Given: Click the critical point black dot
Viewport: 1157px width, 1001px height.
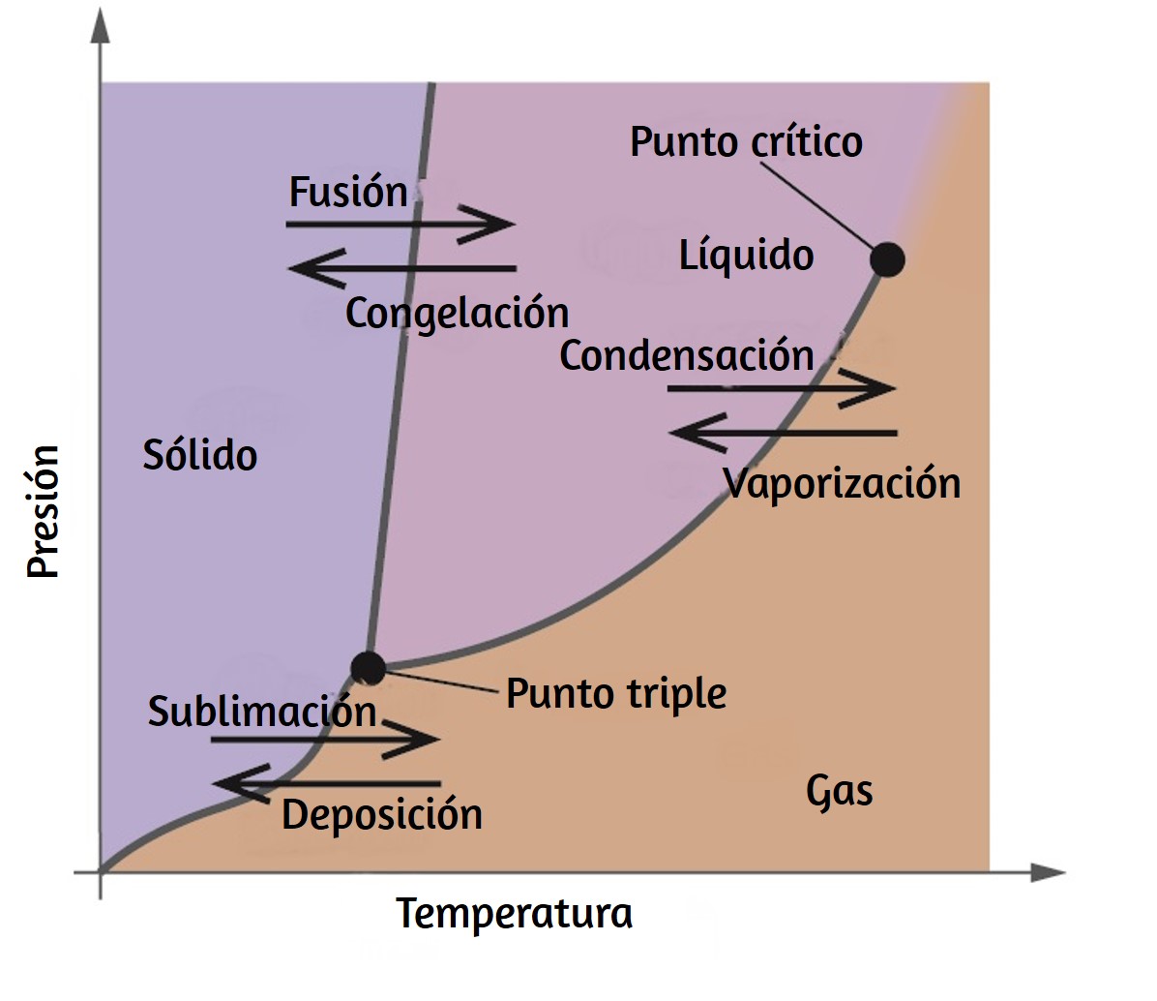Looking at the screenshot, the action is coord(887,259).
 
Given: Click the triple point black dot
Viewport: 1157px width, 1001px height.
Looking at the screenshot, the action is coord(368,668).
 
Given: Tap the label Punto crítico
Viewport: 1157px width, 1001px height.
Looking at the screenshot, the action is coord(746,141).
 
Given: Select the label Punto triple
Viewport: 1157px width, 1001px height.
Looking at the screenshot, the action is coord(616,694).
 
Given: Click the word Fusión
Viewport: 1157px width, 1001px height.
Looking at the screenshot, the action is coord(348,191).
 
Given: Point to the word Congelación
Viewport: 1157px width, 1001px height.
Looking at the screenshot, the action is coord(458,313).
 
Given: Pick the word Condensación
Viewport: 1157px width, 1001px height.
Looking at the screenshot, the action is coord(687,355).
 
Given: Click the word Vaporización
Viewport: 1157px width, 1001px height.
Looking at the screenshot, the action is coord(842,483).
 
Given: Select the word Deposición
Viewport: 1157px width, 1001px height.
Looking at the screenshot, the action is coord(382,815).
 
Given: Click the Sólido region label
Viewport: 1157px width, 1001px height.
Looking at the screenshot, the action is coord(200,454).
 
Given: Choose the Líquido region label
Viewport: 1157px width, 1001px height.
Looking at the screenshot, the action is coord(746,256).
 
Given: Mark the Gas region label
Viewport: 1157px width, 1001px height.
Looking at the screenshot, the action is coord(839,791).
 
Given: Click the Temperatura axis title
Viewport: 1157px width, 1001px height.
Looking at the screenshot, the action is coord(515,913).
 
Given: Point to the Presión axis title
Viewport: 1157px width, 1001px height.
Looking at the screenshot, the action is coord(43,511).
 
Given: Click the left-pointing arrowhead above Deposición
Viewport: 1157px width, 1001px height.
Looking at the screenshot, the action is coord(241,783).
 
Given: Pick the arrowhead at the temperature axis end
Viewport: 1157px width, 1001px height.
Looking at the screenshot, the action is coord(1048,872).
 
